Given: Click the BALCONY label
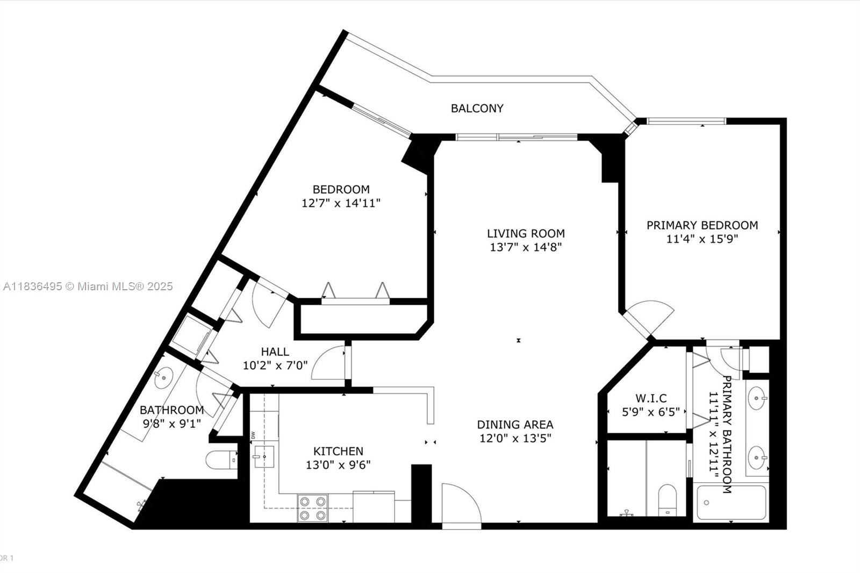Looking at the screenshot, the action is pyautogui.click(x=477, y=109).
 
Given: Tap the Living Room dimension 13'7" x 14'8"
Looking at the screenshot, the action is pyautogui.click(x=526, y=247).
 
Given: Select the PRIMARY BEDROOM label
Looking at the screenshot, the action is pyautogui.click(x=702, y=225).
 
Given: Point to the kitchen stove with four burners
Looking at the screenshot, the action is pyautogui.click(x=312, y=508).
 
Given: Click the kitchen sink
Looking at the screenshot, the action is pyautogui.click(x=263, y=457).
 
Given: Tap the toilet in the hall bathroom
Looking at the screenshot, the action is pyautogui.click(x=221, y=460).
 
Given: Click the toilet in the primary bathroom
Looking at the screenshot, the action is pyautogui.click(x=667, y=500).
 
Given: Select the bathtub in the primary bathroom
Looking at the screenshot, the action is pyautogui.click(x=731, y=503).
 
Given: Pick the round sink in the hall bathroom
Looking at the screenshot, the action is pyautogui.click(x=163, y=378).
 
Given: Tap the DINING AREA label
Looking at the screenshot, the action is pyautogui.click(x=515, y=425).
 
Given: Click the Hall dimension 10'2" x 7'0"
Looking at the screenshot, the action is pyautogui.click(x=275, y=365).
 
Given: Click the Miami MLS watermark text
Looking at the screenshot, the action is pyautogui.click(x=88, y=286).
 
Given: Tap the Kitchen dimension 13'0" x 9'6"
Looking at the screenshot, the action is pyautogui.click(x=338, y=465).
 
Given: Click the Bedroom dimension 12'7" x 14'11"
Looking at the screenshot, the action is pyautogui.click(x=341, y=203).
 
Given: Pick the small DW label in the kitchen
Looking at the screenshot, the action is pyautogui.click(x=253, y=435).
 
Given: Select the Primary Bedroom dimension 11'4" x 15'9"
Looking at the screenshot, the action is pyautogui.click(x=702, y=239).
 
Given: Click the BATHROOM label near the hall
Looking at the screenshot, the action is pyautogui.click(x=171, y=410).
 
